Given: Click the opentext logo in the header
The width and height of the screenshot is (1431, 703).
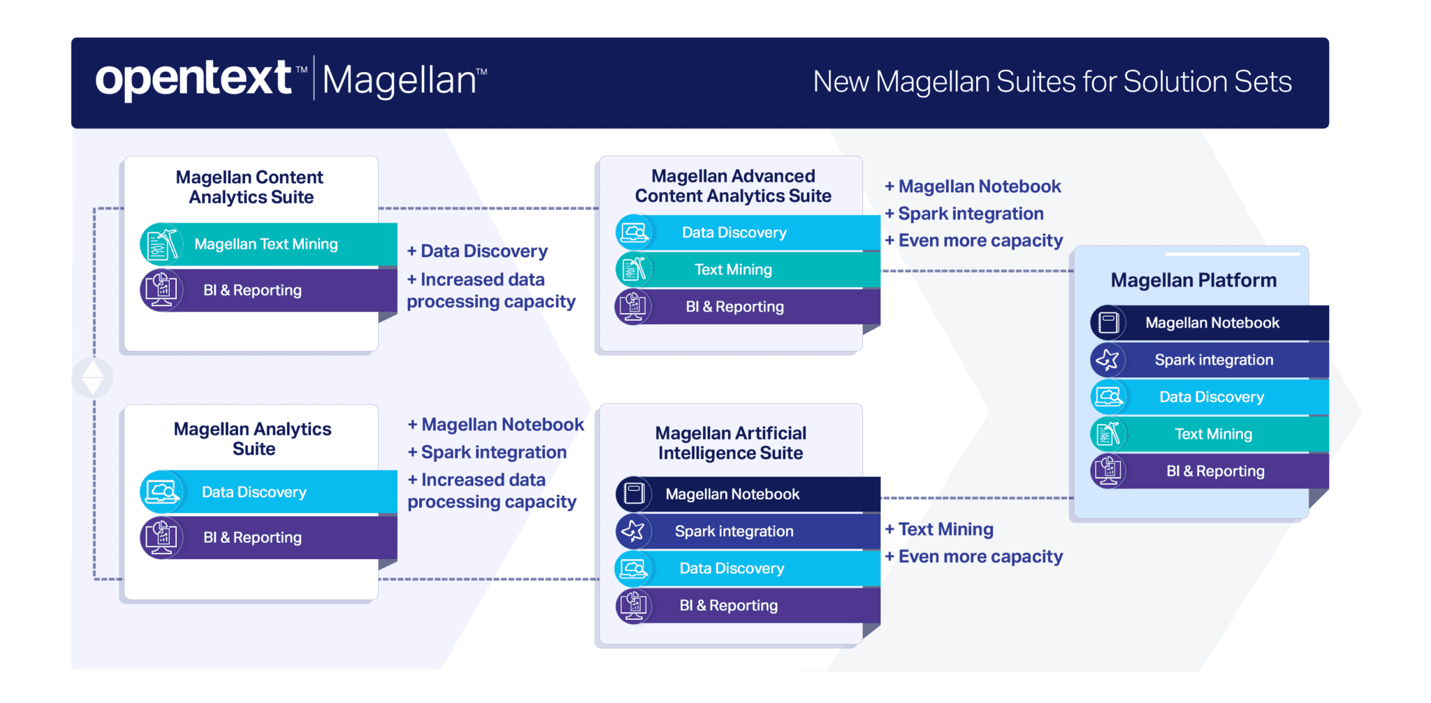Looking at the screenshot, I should tap(194, 79).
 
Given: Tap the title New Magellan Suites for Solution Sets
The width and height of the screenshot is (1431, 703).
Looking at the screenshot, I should tap(1052, 82).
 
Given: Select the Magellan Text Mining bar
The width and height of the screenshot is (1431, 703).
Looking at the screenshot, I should tap(266, 245).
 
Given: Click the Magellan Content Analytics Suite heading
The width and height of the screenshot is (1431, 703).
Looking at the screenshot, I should tap(250, 187).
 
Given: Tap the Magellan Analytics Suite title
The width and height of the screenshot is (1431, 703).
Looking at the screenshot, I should tap(253, 439).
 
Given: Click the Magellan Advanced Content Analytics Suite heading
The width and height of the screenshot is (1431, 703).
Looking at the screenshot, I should tap(733, 186).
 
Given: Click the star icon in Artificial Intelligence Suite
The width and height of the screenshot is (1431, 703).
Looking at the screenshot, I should tap(633, 531).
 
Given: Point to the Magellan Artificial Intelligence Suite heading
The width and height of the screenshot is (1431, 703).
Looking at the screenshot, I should tap(731, 443).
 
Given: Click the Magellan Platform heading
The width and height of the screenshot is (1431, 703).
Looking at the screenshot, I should tap(1193, 280).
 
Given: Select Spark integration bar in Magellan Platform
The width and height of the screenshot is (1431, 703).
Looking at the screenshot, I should tap(1214, 360).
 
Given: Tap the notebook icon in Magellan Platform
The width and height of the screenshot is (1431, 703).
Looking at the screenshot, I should tap(1108, 323).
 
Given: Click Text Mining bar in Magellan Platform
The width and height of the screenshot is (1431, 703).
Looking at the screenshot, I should tap(1213, 434).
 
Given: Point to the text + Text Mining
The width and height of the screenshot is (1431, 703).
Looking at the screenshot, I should tap(940, 530).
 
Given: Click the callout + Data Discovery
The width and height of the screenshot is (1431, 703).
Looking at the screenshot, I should tap(478, 252).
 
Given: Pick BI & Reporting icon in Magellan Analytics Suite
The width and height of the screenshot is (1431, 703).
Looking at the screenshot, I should tap(161, 537).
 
